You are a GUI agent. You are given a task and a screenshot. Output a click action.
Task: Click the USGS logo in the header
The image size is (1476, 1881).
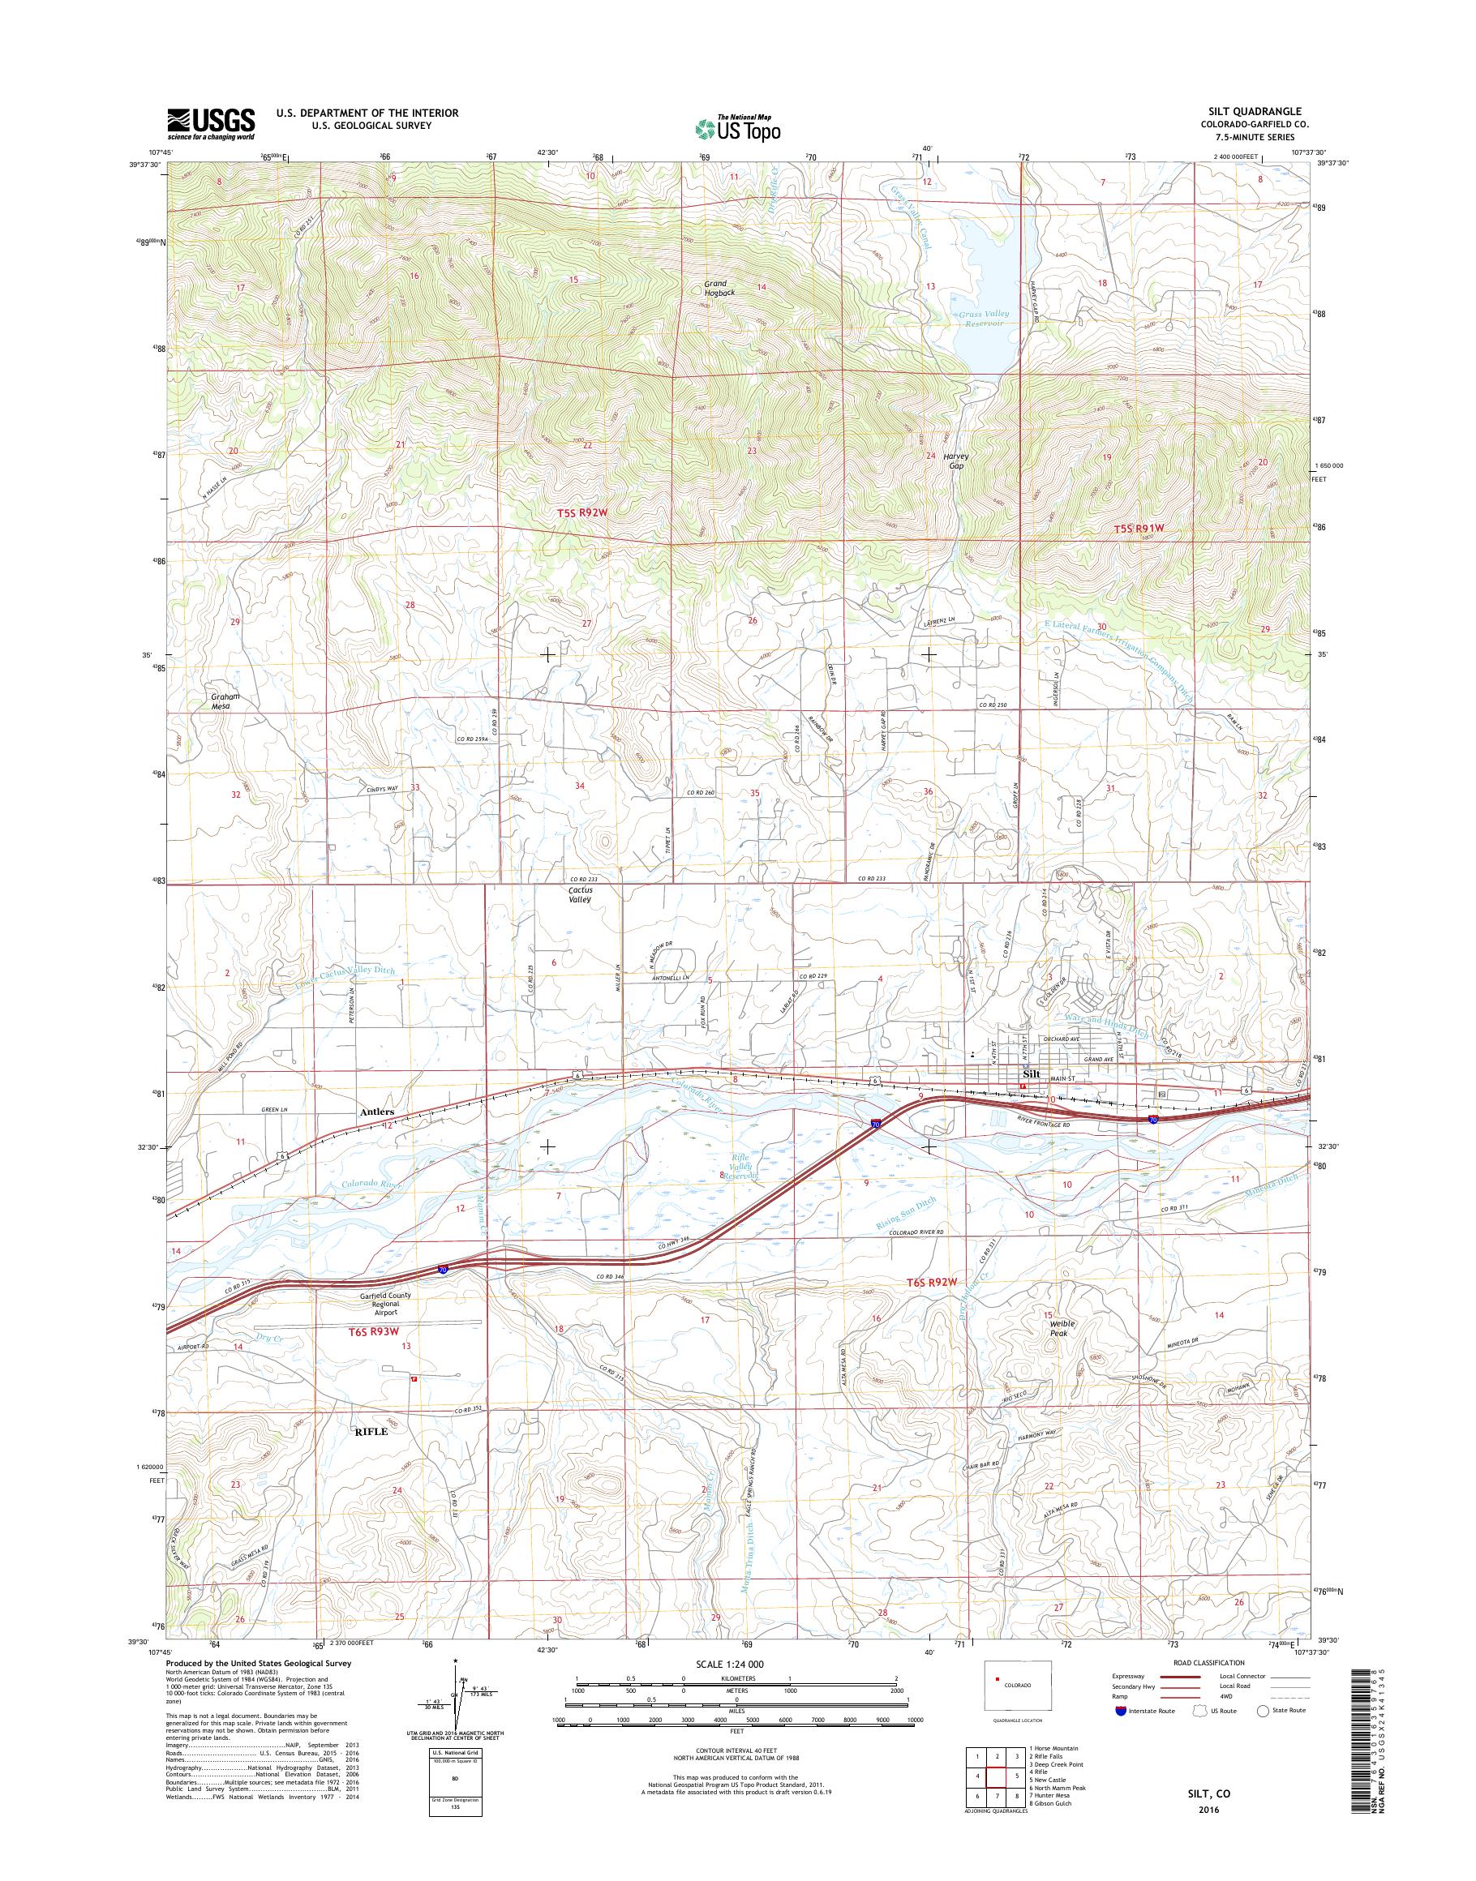[211, 123]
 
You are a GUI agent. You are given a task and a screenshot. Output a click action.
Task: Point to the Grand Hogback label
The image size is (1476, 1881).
[714, 288]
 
